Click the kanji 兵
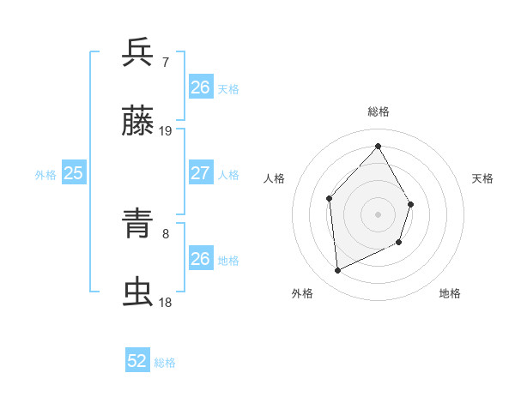[x=138, y=52]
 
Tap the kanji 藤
[x=138, y=123]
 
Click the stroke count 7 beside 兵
[x=166, y=62]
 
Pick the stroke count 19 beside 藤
[x=166, y=131]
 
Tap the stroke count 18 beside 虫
[x=166, y=302]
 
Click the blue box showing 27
[x=201, y=173]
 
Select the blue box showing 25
[x=74, y=173]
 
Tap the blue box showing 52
[x=137, y=362]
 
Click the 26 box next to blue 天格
[x=201, y=87]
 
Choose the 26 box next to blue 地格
[x=201, y=259]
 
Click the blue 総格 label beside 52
[x=165, y=363]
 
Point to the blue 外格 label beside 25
[x=45, y=174]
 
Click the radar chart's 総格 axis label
[x=378, y=111]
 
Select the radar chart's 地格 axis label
[x=450, y=293]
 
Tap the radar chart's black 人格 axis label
[x=275, y=178]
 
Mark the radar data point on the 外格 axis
[x=337, y=271]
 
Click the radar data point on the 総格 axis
[x=378, y=146]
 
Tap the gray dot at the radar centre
[x=378, y=214]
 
